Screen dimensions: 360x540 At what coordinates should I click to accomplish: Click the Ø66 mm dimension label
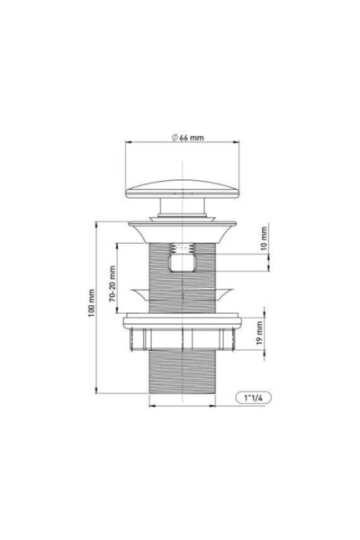188,138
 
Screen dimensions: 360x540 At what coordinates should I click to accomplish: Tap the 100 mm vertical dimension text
91,303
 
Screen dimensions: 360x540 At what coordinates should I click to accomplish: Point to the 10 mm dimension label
264,238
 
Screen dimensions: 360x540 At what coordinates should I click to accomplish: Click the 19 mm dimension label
260,332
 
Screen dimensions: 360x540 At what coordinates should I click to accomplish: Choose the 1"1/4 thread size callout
253,398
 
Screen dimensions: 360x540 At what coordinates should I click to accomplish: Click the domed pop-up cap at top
183,189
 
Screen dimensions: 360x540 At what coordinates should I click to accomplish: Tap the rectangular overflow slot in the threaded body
183,263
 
